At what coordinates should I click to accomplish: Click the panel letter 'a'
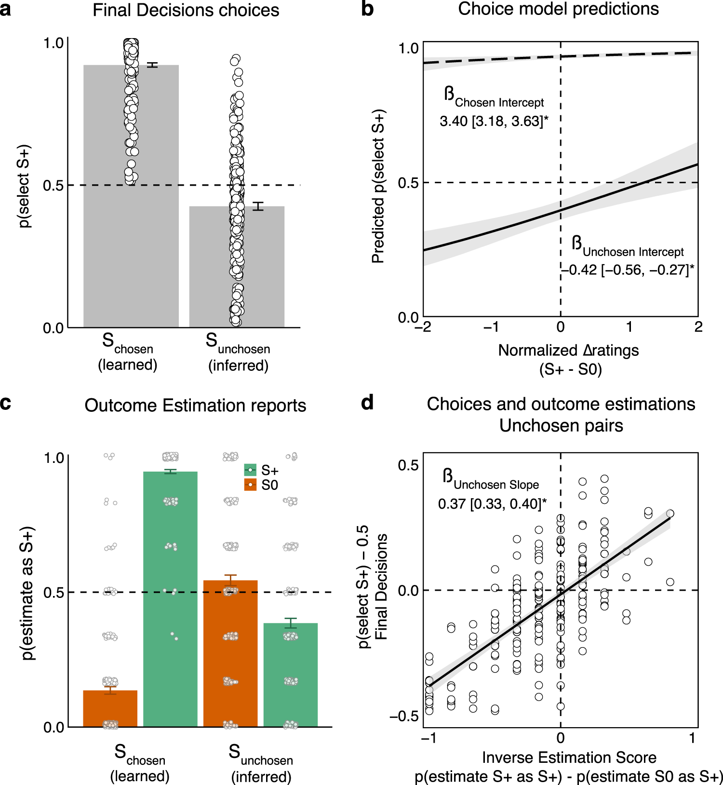pyautogui.click(x=5, y=10)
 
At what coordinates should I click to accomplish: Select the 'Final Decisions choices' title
pyautogui.click(x=186, y=10)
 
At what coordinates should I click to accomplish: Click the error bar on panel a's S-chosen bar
pyautogui.click(x=152, y=65)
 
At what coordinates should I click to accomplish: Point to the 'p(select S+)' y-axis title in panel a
pyautogui.click(x=24, y=186)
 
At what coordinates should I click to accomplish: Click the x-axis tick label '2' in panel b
pyautogui.click(x=698, y=327)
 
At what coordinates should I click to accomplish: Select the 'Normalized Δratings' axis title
pyautogui.click(x=568, y=350)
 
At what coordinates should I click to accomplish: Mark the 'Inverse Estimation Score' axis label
pyautogui.click(x=569, y=758)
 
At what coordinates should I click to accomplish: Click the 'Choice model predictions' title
pyautogui.click(x=558, y=9)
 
